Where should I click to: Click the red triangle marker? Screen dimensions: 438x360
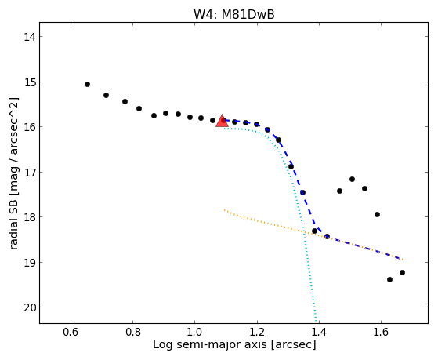tap(222, 121)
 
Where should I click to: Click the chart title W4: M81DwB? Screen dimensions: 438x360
tap(234, 15)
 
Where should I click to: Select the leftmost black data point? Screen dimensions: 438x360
tap(88, 84)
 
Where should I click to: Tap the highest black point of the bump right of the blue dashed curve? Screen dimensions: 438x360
tap(352, 179)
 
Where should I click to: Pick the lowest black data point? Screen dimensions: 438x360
tap(389, 279)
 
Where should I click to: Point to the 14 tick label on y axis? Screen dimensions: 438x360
tap(30, 37)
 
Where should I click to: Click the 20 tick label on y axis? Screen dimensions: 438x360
tap(30, 307)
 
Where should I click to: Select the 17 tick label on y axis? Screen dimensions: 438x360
tap(30, 172)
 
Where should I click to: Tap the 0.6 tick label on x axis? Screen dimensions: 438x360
tap(71, 332)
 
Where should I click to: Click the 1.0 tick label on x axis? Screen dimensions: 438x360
tap(194, 332)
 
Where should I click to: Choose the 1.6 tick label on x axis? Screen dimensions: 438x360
tap(381, 332)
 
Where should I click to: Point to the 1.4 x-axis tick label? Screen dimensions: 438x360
tap(319, 332)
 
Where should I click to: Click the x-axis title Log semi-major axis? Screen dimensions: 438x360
tap(209, 344)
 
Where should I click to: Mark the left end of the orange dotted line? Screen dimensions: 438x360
tap(224, 209)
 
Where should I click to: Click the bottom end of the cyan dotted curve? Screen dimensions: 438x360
tap(316, 322)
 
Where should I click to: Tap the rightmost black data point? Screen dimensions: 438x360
tap(402, 272)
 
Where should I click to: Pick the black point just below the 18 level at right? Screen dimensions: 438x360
tap(377, 215)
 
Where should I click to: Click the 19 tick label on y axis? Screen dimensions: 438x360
tap(30, 263)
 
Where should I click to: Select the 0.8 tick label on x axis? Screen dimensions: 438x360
tap(132, 332)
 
